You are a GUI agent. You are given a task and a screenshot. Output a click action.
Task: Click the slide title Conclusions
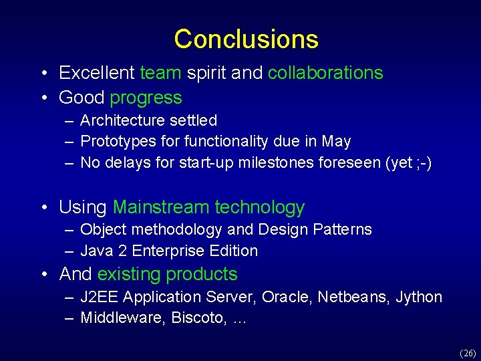click(x=246, y=39)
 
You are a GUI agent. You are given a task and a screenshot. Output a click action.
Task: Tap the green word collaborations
click(x=325, y=73)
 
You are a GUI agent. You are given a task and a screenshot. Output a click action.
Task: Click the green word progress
click(x=146, y=98)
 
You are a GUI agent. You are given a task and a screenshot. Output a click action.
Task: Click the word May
click(x=336, y=142)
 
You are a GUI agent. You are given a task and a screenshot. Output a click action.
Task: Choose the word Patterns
click(x=342, y=229)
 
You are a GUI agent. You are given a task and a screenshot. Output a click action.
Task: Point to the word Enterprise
click(x=175, y=251)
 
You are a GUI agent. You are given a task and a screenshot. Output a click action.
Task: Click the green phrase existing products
click(x=167, y=274)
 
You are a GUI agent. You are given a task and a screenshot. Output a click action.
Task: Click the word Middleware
click(x=122, y=318)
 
